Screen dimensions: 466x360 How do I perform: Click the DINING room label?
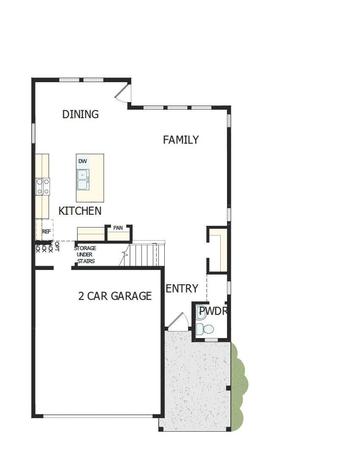80,114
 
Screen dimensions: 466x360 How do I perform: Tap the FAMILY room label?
181,140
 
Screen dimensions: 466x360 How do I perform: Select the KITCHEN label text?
80,211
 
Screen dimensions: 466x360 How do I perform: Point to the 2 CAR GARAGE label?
115,296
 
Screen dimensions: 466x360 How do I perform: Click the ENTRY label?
182,288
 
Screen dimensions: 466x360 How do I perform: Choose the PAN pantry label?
118,228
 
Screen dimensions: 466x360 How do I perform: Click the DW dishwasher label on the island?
83,161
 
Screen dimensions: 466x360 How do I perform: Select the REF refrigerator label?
47,232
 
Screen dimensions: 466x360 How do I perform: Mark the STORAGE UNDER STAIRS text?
85,255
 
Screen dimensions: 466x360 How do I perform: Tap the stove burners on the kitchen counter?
42,187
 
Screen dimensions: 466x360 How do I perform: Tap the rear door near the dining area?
122,94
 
